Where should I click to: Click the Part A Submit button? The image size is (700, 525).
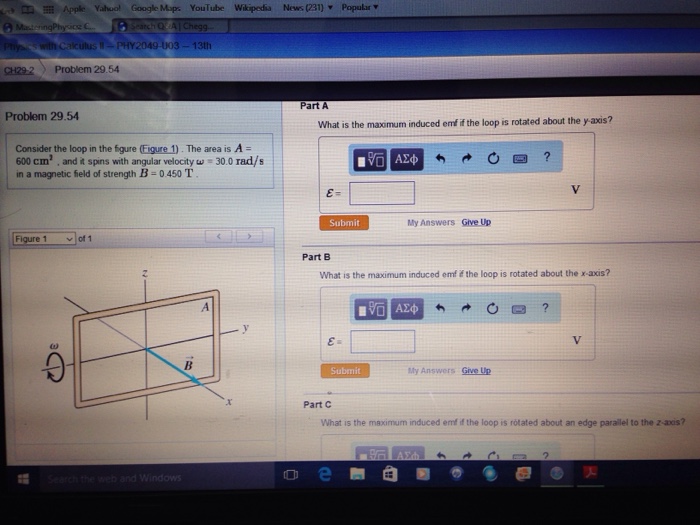tap(343, 223)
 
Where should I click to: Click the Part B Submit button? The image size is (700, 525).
tap(343, 371)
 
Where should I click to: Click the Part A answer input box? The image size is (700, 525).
tap(381, 193)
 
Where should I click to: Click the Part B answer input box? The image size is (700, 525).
tap(382, 342)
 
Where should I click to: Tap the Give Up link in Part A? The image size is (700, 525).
tap(476, 222)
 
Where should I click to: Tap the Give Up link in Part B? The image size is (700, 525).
tap(476, 371)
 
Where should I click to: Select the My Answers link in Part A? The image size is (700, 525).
tap(430, 222)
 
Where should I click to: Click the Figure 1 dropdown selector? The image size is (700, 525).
tap(44, 239)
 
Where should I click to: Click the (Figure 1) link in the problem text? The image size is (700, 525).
tap(160, 148)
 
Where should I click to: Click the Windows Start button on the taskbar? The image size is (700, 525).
tap(21, 478)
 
